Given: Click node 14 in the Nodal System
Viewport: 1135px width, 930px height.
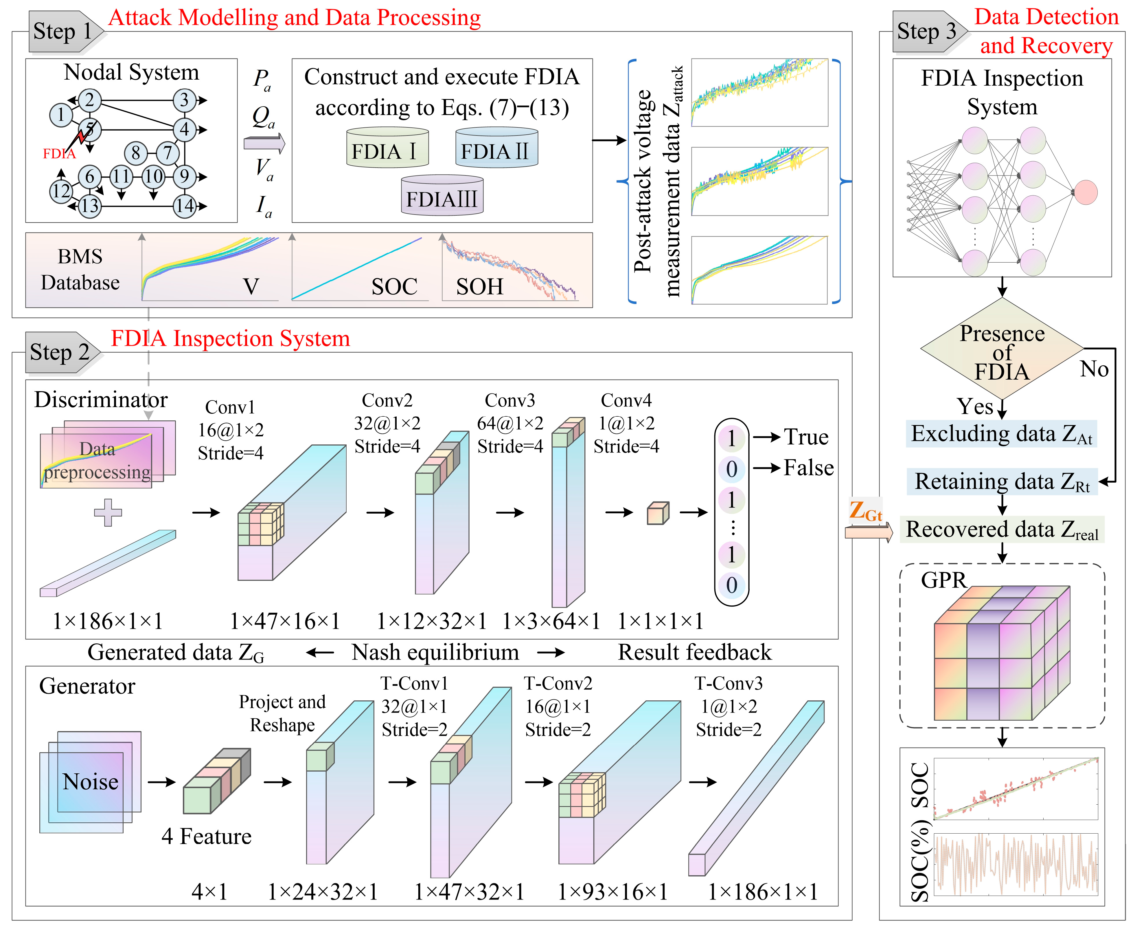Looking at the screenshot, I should tap(184, 206).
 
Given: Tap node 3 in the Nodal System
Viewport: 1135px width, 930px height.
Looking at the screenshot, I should tap(184, 100).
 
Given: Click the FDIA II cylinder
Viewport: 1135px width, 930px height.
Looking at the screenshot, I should tap(496, 148).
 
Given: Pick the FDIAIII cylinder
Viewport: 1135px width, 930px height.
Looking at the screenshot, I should tap(442, 196).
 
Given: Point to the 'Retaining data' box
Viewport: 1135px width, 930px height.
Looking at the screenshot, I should tap(1001, 482).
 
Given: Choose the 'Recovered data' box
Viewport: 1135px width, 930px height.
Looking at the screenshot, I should tap(1001, 529).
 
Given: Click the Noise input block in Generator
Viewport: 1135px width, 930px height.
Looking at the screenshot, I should tap(90, 781).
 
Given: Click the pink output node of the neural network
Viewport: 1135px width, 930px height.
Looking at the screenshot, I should tap(1085, 192).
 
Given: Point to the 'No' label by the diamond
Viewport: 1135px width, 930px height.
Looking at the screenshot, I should tap(1094, 369).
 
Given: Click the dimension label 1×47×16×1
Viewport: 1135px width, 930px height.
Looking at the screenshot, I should tap(285, 621).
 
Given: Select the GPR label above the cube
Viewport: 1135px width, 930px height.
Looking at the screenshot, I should tap(943, 580).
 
